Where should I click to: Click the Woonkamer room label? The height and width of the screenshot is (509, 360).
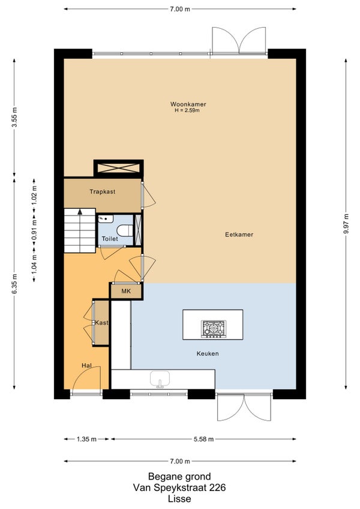pos(188,104)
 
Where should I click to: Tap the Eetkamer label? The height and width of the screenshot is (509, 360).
pos(239,234)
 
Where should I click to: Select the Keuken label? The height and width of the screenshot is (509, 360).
pos(208,354)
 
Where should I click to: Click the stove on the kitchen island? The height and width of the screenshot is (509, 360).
pos(213,329)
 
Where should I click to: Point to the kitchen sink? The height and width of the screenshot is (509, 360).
pos(160,380)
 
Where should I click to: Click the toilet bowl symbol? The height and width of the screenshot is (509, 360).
pos(125,230)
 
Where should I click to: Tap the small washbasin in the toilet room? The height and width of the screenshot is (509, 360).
pos(106,219)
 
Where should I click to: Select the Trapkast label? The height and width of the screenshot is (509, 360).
pos(102,191)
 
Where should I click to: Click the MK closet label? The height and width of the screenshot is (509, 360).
pos(126,291)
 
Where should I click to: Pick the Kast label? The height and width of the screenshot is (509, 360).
pos(101,323)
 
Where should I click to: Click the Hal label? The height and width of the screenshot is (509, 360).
pos(86,366)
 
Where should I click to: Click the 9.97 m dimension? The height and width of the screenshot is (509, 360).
pos(346,224)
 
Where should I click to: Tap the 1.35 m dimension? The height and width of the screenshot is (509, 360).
pos(86,439)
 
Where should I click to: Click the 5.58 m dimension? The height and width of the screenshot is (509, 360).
pos(203,439)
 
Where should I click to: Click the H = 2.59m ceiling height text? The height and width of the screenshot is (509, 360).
pos(187,110)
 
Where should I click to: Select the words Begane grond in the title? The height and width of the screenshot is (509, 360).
pos(179,476)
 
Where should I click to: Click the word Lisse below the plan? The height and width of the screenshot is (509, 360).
pos(179,498)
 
